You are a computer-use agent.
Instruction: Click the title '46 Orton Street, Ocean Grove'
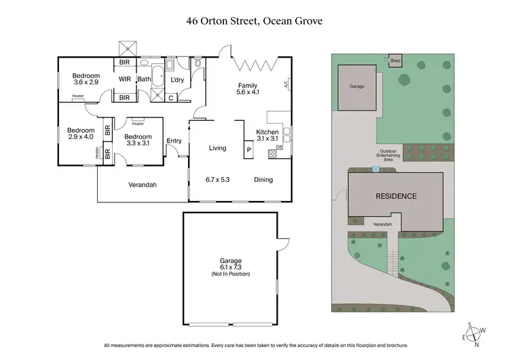[254, 20]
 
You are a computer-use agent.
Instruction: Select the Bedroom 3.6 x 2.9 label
[86, 79]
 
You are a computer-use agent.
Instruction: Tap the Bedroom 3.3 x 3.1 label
[138, 139]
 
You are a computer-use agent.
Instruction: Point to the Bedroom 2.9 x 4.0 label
[80, 133]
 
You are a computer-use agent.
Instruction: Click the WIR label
[125, 79]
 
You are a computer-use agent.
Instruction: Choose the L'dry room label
[178, 81]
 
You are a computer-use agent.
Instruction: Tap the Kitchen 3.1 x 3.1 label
[268, 135]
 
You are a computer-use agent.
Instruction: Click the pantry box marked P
[248, 149]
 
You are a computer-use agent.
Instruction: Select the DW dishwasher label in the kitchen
[280, 146]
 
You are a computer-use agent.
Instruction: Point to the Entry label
[174, 141]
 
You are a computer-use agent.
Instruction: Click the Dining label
[263, 180]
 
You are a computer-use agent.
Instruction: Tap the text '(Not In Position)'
[231, 274]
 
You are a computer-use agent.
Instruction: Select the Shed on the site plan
[395, 61]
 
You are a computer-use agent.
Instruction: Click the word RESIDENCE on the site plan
[396, 196]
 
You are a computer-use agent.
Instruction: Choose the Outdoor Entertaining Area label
[390, 156]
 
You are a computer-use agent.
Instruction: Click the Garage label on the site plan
[357, 87]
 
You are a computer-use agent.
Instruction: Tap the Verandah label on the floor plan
[143, 185]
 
